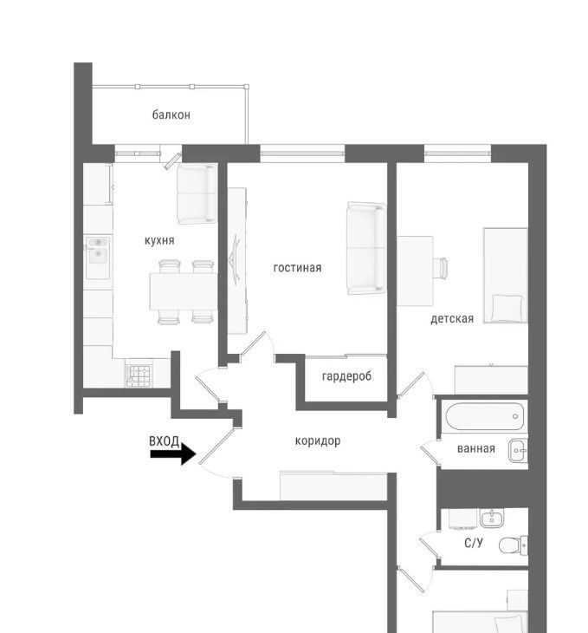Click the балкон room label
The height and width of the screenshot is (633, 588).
point(171,114)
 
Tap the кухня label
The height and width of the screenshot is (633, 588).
point(159,240)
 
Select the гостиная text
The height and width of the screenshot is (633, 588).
point(297,268)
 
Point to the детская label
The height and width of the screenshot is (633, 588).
point(452,318)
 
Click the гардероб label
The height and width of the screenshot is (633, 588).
point(346,376)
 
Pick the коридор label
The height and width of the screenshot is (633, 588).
point(318,440)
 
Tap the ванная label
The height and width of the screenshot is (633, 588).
point(476,448)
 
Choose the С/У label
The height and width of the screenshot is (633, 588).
point(473,543)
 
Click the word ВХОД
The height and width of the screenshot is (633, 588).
point(165,441)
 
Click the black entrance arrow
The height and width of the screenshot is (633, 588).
point(173,454)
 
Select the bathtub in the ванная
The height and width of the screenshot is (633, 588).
point(484,416)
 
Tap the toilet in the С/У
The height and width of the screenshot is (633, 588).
point(513,545)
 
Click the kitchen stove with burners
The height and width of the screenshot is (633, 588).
point(139,375)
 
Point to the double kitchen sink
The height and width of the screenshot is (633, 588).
point(98,258)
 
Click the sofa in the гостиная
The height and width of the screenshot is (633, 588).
point(366,248)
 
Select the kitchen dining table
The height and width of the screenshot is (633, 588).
point(183,291)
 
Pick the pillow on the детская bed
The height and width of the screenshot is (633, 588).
point(507,308)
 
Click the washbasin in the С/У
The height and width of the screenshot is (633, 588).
point(491,518)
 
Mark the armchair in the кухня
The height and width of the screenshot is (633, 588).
point(197,193)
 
